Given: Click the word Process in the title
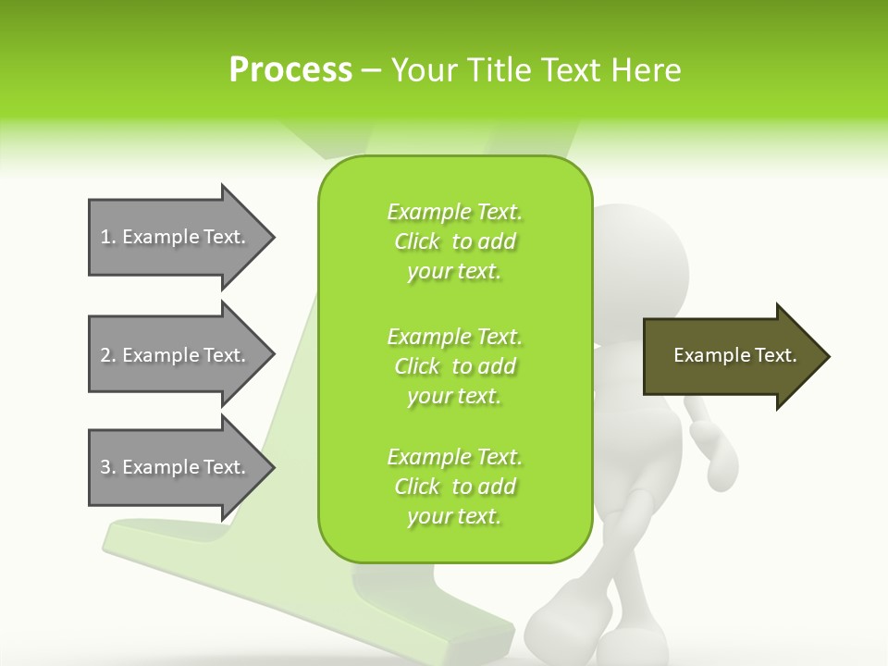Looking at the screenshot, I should click(x=290, y=70).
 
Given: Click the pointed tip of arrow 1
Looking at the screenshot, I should click(x=271, y=237).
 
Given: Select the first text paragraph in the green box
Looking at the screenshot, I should click(x=454, y=241).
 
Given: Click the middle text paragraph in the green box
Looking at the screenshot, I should click(x=454, y=366).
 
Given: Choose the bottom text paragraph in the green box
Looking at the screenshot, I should click(x=454, y=487).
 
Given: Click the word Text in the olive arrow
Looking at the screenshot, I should click(x=774, y=355).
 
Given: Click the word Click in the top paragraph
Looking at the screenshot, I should click(x=417, y=241).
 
